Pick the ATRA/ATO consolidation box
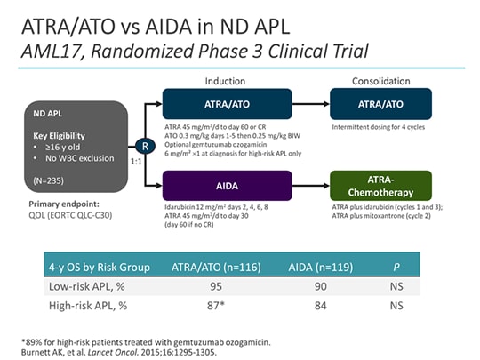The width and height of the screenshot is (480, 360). coord(381,104)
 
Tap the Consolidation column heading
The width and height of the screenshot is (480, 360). coord(380,79)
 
